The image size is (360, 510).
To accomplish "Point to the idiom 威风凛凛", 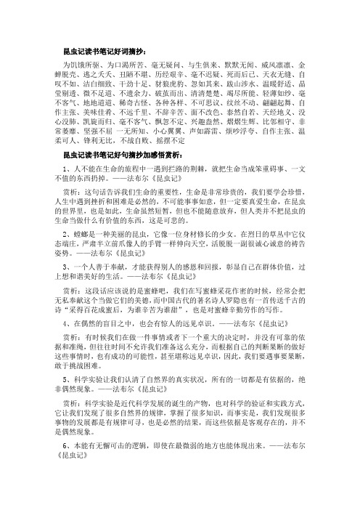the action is (x=288, y=65).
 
